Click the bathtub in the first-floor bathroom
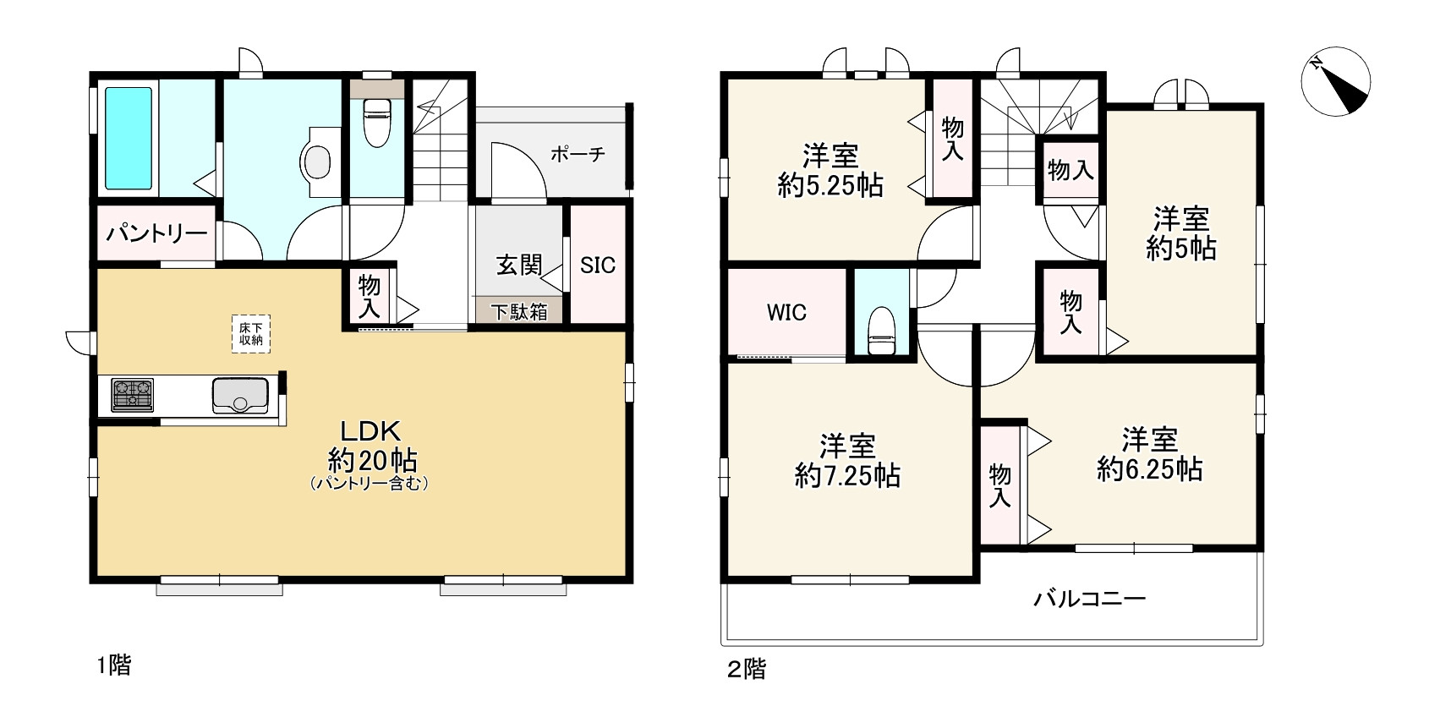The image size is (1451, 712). click(x=129, y=138)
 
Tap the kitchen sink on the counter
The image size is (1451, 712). click(x=240, y=396)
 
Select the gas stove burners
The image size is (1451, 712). click(x=132, y=395)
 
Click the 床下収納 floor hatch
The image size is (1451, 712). click(x=250, y=333)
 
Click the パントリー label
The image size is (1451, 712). click(x=156, y=233)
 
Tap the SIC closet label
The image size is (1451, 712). click(x=598, y=266)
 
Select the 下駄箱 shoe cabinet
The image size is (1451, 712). click(x=520, y=311)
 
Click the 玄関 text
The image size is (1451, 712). click(x=518, y=265)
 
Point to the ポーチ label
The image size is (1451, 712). click(x=578, y=155)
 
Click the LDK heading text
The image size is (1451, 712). click(x=370, y=430)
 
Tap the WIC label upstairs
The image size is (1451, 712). click(x=786, y=313)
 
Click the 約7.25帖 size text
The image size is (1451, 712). click(x=846, y=476)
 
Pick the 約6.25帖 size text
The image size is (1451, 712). click(x=1149, y=469)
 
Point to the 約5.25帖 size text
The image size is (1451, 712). click(x=830, y=186)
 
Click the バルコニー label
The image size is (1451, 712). click(x=1090, y=600)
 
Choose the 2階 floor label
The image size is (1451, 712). click(x=747, y=670)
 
